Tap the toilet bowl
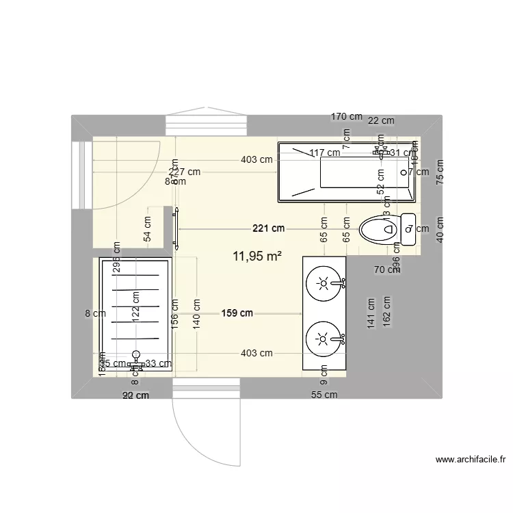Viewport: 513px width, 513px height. (x=378, y=229)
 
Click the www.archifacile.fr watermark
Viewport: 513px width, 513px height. (x=469, y=460)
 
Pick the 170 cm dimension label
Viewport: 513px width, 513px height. (x=347, y=116)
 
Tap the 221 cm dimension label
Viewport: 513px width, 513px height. (x=268, y=228)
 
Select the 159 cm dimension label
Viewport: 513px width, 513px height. (x=237, y=313)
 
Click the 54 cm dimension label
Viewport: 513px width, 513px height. (x=148, y=227)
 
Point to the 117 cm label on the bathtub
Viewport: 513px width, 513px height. (x=324, y=153)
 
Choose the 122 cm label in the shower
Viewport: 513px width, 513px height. (x=136, y=306)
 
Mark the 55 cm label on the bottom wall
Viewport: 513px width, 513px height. (x=324, y=395)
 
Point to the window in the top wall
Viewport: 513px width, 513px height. (x=206, y=126)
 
